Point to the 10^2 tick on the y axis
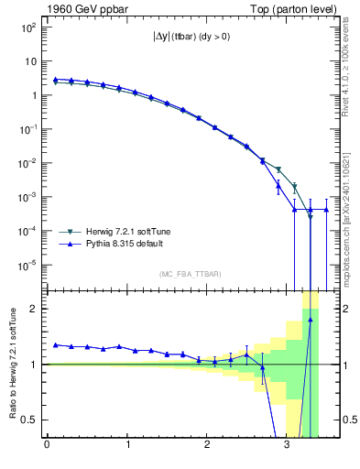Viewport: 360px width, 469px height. pyautogui.click(x=27, y=27)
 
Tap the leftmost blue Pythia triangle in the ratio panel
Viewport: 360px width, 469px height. pyautogui.click(x=55, y=345)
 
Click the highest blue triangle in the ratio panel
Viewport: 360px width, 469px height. pyautogui.click(x=311, y=321)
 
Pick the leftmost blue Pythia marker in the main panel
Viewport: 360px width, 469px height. pyautogui.click(x=55, y=80)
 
